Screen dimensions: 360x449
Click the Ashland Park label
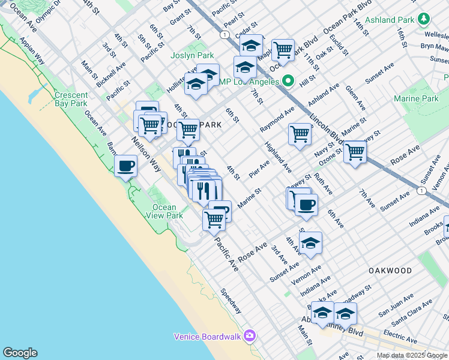(x=389, y=20)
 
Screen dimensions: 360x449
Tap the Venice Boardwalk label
(x=208, y=336)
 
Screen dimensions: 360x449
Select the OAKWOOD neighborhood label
(x=390, y=271)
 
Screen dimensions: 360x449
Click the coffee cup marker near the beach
(x=125, y=165)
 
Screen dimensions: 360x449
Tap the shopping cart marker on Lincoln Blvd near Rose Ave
(x=355, y=151)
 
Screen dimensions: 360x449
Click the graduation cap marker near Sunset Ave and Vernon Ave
(x=310, y=242)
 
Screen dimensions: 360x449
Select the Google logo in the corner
(x=19, y=353)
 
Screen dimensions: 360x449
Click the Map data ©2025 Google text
(x=412, y=355)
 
